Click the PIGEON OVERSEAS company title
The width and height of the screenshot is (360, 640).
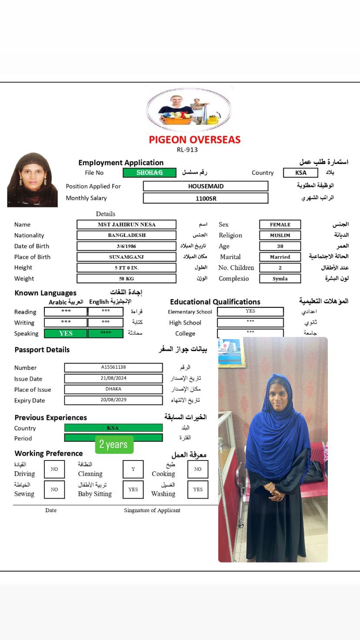coord(194,140)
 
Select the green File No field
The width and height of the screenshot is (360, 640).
coord(150,173)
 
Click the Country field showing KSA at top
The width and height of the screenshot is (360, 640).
coord(301,173)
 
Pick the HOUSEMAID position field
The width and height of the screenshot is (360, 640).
coord(206,186)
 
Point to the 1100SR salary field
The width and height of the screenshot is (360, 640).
coord(206,198)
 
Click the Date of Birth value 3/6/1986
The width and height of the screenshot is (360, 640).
coord(127,246)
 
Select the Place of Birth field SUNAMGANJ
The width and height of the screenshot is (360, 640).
coord(127,257)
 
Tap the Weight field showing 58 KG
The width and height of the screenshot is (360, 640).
coord(127,279)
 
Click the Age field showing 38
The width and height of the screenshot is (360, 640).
coord(280,246)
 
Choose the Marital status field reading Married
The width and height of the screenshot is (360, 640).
coord(280,257)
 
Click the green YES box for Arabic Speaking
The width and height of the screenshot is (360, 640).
coord(66,333)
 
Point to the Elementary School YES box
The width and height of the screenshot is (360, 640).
coord(250,311)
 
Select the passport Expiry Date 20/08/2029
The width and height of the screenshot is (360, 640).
coord(113,400)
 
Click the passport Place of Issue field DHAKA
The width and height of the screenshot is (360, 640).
coord(113,389)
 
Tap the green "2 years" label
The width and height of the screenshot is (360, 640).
coord(113,444)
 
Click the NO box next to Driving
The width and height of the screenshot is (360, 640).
coord(54,469)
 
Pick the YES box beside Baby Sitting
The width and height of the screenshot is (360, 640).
coord(133,490)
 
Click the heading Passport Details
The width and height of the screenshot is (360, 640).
coord(42,350)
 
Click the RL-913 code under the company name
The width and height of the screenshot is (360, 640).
coord(187,150)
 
